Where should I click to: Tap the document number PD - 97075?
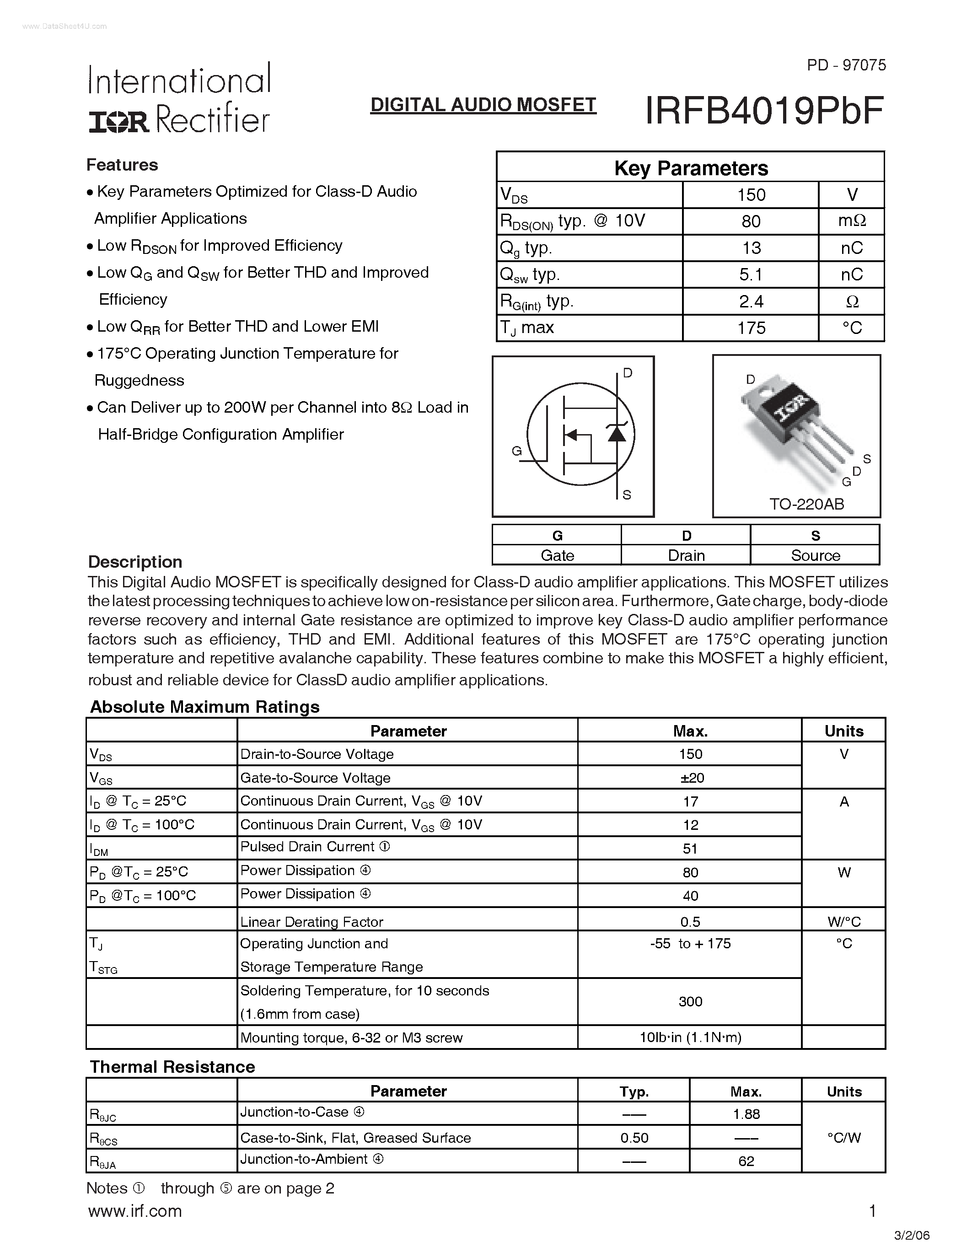[846, 65]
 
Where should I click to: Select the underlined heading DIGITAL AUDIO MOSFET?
[483, 105]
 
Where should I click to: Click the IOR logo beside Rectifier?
[118, 121]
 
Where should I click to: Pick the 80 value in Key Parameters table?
[751, 221]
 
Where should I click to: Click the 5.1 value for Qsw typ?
[751, 275]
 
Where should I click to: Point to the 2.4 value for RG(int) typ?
[751, 301]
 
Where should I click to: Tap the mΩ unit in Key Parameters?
[852, 221]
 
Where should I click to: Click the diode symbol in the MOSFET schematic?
[617, 433]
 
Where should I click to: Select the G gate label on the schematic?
[516, 451]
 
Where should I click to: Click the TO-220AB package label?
[807, 504]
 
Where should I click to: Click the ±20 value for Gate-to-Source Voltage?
[690, 778]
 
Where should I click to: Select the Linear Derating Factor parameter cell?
[311, 922]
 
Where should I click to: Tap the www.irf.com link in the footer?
[135, 1211]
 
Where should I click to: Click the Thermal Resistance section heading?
[172, 1067]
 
